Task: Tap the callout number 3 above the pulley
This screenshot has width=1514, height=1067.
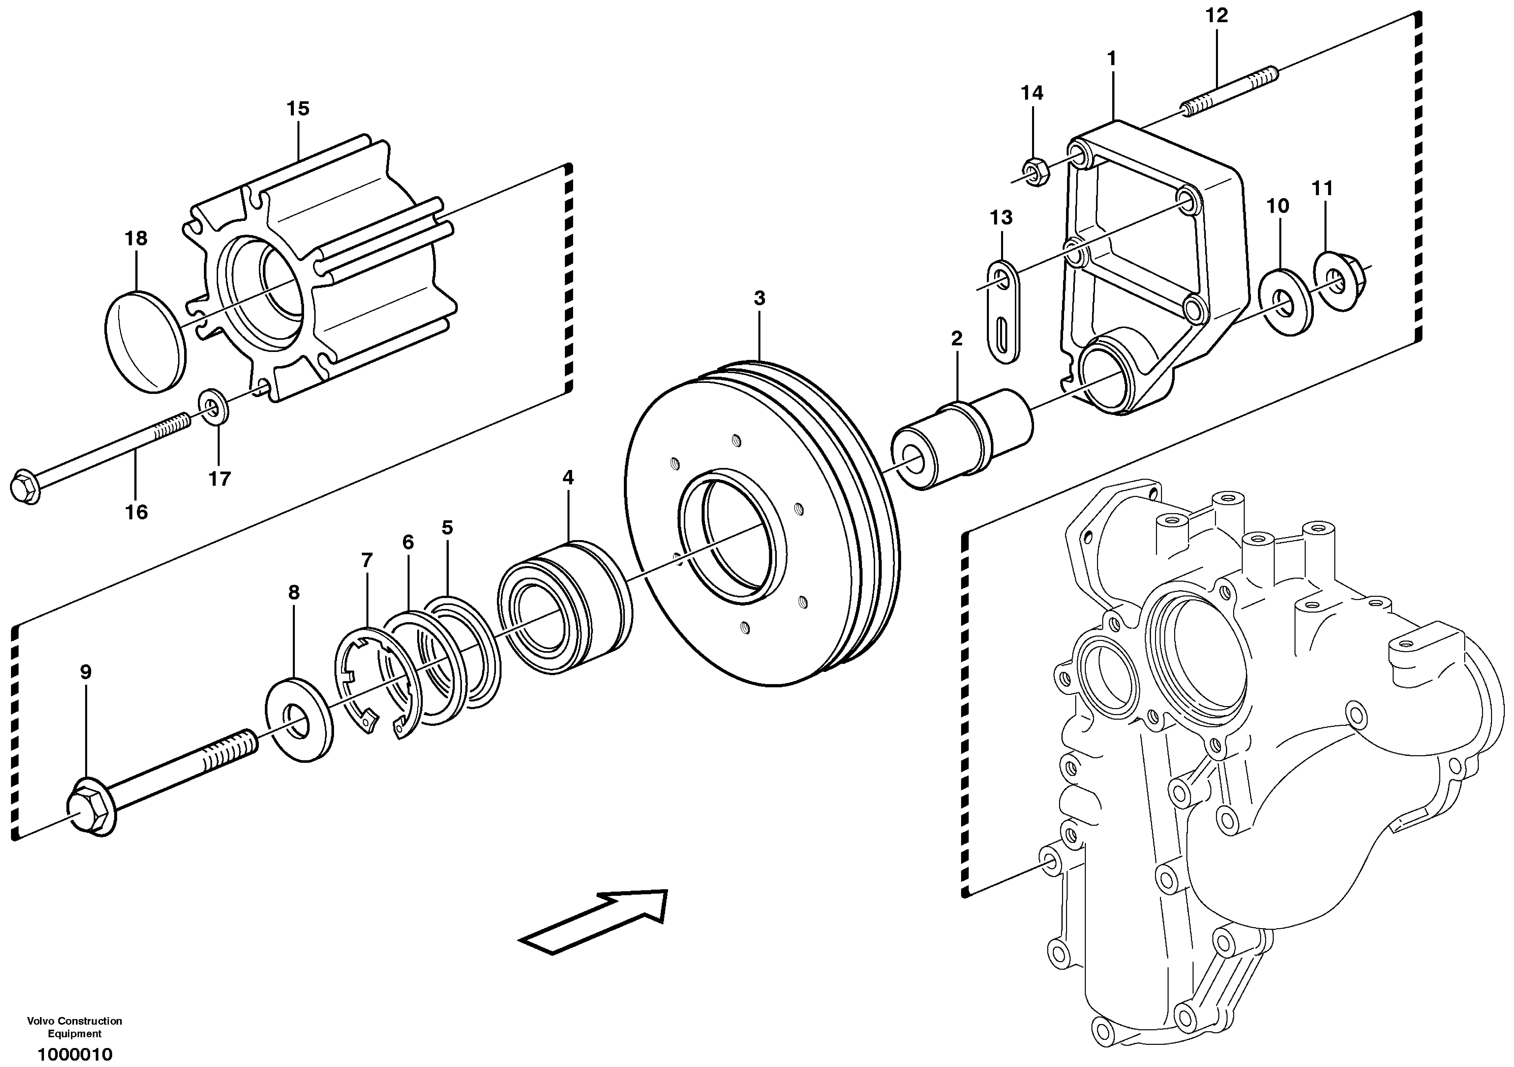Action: (760, 298)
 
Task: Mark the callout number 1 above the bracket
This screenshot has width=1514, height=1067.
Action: (1112, 59)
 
